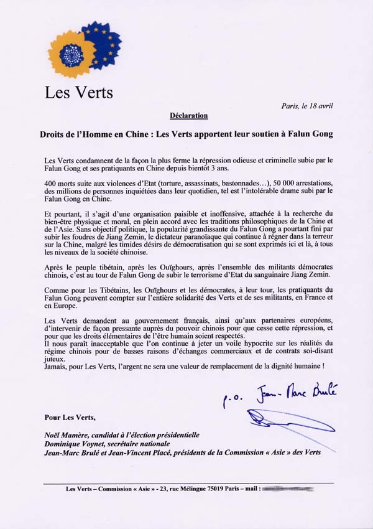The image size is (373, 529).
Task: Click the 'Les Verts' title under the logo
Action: coord(78,93)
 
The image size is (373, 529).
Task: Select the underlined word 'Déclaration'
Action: coord(188,115)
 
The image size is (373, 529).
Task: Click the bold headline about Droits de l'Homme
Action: coord(186,134)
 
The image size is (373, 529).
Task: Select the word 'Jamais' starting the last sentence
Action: coord(57,367)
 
